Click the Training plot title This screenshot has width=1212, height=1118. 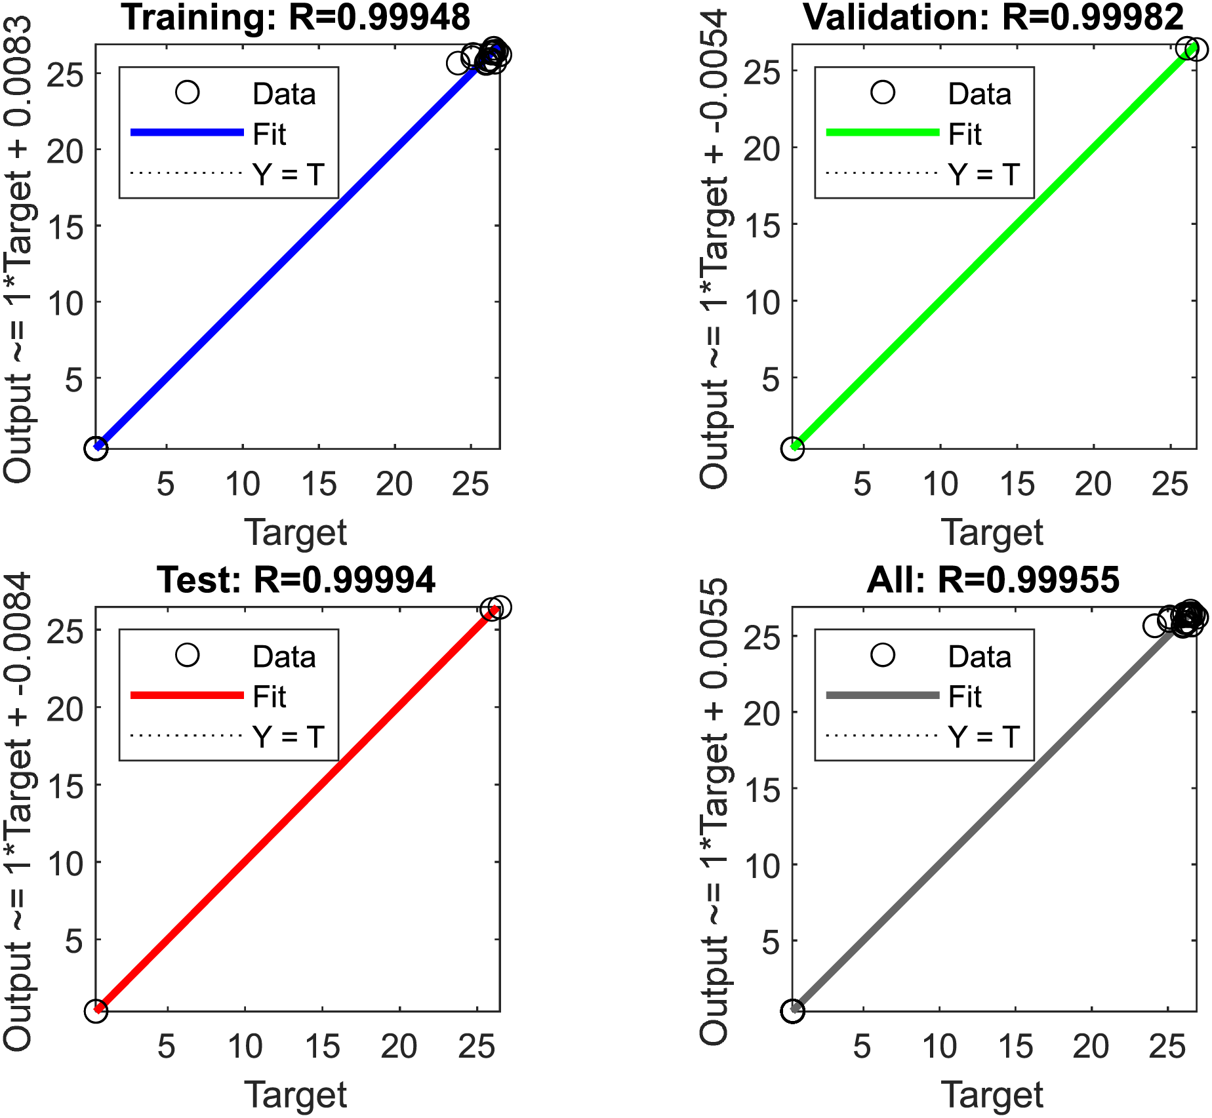(x=296, y=17)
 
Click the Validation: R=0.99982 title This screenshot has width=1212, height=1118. (x=993, y=17)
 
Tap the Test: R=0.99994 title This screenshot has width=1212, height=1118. (x=296, y=580)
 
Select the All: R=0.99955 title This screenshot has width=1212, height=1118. (x=993, y=580)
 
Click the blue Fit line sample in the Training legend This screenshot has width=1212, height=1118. (x=187, y=132)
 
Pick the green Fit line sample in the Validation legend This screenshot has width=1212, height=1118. (x=883, y=132)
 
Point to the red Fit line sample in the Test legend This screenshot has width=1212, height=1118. (x=187, y=695)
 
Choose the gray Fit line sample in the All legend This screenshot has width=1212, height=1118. (x=883, y=695)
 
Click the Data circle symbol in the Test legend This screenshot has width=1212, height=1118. (x=188, y=654)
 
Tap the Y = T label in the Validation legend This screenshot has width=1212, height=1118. (x=984, y=174)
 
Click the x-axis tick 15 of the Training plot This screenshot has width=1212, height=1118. (x=319, y=485)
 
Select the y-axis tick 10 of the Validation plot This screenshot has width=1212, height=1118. (x=762, y=302)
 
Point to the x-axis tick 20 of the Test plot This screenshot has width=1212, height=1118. (x=399, y=1047)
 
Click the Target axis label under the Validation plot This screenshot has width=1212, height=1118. (x=992, y=532)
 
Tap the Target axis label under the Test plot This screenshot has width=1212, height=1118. (x=296, y=1094)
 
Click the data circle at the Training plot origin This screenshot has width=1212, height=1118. (x=96, y=449)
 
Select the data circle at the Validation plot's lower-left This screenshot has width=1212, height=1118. (x=792, y=449)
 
